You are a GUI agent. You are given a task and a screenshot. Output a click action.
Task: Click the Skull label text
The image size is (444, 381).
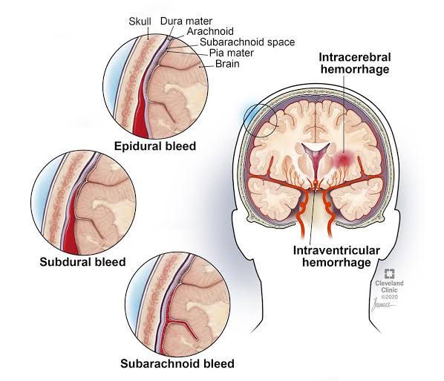pyautogui.click(x=140, y=22)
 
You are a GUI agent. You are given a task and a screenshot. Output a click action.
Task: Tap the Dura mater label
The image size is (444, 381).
pyautogui.click(x=186, y=21)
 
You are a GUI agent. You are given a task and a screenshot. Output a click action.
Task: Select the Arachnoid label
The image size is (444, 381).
pyautogui.click(x=210, y=31)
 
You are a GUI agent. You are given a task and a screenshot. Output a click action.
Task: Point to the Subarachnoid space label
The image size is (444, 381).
pyautogui.click(x=247, y=42)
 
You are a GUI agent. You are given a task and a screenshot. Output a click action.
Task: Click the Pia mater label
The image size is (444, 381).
pyautogui.click(x=232, y=53)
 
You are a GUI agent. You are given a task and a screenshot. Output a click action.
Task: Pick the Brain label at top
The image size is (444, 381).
pyautogui.click(x=227, y=64)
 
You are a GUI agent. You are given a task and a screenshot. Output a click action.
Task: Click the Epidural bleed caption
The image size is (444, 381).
pyautogui.click(x=155, y=146)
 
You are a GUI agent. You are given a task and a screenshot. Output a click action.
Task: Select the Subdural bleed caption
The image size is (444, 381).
pyautogui.click(x=82, y=261)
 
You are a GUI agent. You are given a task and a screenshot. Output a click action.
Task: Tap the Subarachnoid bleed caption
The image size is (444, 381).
pyautogui.click(x=177, y=363)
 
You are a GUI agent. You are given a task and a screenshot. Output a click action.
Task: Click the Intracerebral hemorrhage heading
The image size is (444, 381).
pyautogui.click(x=355, y=63)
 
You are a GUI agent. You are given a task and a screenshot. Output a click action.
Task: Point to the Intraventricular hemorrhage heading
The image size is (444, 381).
pyautogui.click(x=336, y=256)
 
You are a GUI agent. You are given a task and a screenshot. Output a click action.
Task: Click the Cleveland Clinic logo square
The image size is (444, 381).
pyautogui.click(x=389, y=274)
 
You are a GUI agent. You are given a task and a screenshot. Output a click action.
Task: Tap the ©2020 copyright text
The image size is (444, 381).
pyautogui.click(x=389, y=297)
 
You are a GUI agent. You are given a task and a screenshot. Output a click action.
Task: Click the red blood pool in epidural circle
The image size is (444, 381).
pyautogui.click(x=140, y=111)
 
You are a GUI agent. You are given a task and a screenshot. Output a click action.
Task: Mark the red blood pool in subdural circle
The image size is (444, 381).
pyautogui.click(x=71, y=227)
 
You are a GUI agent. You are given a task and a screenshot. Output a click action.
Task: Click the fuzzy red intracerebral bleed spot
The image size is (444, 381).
pyautogui.click(x=343, y=160)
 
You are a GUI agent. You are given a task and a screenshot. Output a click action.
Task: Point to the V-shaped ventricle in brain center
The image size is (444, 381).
pyautogui.click(x=316, y=159)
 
